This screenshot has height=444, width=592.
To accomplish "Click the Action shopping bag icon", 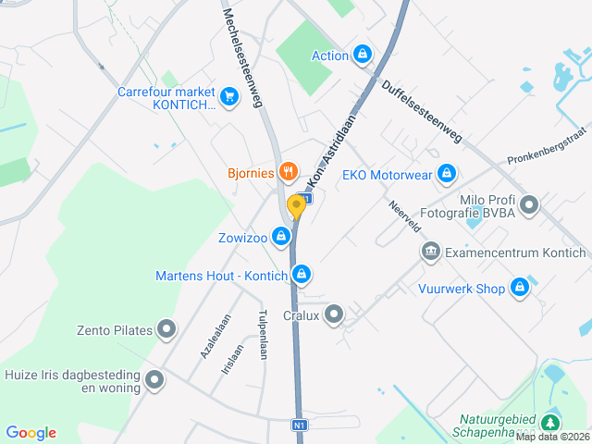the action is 363,55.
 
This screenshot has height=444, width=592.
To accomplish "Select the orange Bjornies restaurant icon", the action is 289,170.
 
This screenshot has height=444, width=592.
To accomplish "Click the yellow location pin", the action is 297,206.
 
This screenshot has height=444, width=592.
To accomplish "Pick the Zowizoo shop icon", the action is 280,238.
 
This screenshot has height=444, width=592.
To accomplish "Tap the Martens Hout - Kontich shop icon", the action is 301,275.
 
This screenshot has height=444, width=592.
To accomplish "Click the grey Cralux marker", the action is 333,314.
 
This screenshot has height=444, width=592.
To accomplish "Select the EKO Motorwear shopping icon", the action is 448,173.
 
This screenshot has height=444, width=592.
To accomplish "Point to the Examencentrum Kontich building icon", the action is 430,252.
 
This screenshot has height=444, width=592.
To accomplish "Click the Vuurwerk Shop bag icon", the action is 520,288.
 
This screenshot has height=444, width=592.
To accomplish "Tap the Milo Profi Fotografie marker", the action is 529,204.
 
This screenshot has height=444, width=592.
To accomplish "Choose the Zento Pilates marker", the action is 167,328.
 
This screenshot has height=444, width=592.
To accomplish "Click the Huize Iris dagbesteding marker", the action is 154,378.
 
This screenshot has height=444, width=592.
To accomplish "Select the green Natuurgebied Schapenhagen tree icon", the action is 551,423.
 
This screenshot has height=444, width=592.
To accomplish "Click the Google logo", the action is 31,433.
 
